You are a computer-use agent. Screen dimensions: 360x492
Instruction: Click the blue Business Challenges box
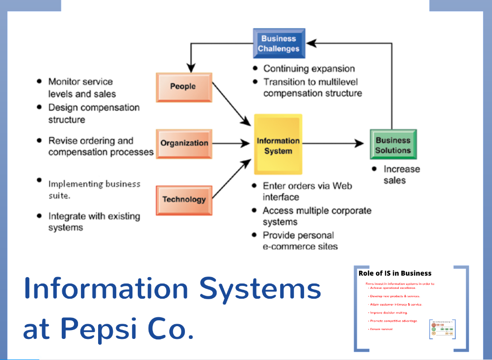tap(279, 44)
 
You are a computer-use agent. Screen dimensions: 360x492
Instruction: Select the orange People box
tap(183, 87)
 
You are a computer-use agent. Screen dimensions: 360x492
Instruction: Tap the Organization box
tap(184, 143)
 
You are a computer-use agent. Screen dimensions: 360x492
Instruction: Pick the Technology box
tap(184, 200)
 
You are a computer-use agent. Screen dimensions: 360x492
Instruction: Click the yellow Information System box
tap(278, 146)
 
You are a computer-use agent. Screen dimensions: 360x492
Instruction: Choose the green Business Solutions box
tap(393, 145)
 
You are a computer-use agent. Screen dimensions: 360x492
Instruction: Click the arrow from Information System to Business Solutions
tap(334, 143)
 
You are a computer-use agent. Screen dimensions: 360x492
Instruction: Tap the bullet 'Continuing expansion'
tap(309, 69)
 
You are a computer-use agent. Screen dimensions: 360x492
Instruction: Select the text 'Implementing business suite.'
tap(94, 189)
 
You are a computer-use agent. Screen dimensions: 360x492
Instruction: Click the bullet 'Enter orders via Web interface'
tap(307, 191)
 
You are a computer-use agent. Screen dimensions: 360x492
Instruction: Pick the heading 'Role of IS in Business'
tap(395, 273)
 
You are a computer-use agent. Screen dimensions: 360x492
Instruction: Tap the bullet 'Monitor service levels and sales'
tap(81, 87)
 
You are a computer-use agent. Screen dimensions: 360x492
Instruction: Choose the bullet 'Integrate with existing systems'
tap(94, 222)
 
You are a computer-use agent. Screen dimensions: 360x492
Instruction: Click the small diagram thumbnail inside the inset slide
tap(442, 329)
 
